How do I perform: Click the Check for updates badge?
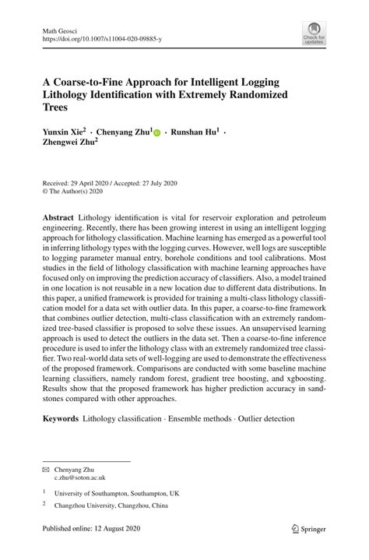(x=315, y=33)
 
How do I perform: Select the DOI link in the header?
(x=101, y=37)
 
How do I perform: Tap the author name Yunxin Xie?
(x=62, y=133)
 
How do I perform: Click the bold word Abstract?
(x=58, y=215)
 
